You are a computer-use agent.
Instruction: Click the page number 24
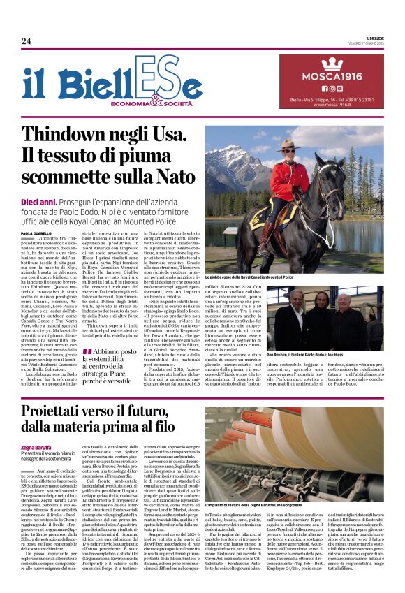click(26, 41)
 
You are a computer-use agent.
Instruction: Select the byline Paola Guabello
click(36, 234)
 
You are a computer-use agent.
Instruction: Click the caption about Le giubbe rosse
click(249, 277)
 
